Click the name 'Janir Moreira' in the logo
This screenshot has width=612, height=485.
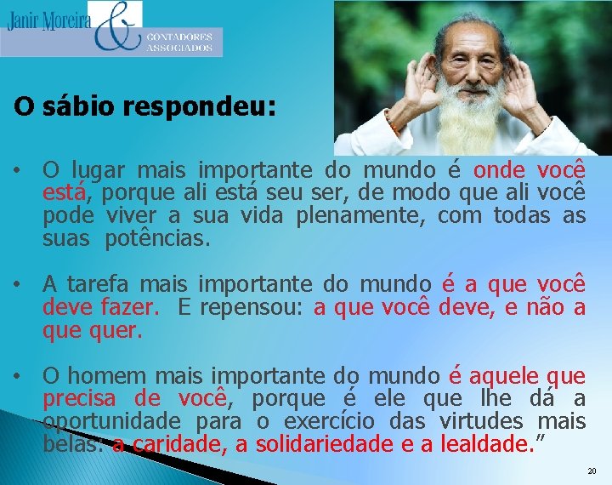tap(48, 20)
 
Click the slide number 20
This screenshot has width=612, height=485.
tap(592, 471)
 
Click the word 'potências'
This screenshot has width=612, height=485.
tap(156, 238)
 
